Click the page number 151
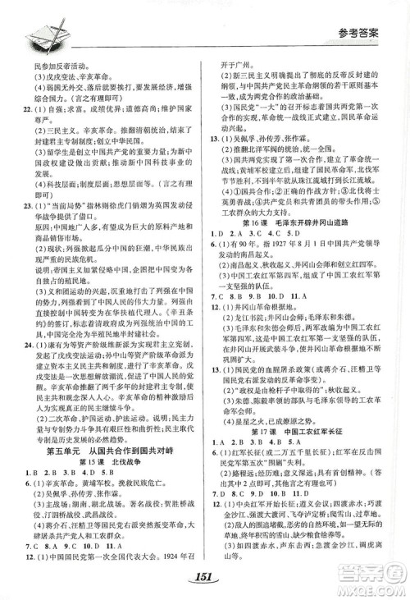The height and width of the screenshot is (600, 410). tap(205, 575)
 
